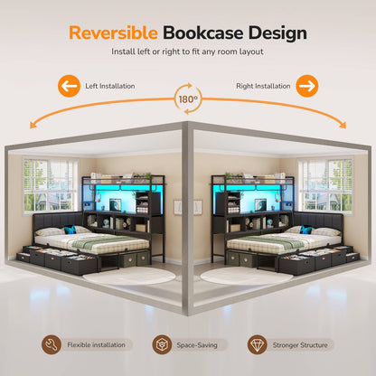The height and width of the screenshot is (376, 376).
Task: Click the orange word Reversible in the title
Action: (x=113, y=33)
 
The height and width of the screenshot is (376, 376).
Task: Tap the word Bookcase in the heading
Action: (x=203, y=33)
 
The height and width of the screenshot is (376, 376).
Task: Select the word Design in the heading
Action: (x=277, y=33)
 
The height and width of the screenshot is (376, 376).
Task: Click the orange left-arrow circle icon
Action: (x=69, y=86)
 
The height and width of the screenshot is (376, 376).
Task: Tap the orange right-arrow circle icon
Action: (x=307, y=86)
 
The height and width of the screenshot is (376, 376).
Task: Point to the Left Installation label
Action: (x=110, y=86)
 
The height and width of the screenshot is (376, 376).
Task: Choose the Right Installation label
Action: (x=263, y=86)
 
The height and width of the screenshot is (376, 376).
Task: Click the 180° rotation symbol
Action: (x=188, y=99)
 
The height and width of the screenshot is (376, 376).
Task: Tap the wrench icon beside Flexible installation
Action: (x=52, y=344)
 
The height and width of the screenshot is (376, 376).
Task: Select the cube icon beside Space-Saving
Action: (x=162, y=344)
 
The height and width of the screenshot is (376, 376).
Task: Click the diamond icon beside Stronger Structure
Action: (x=258, y=344)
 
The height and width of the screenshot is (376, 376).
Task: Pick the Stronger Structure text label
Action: (x=300, y=345)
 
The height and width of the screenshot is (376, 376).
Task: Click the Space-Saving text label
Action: (x=197, y=345)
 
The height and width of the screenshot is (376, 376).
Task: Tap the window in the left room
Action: (x=51, y=185)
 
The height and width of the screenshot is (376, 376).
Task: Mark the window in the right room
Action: (x=325, y=185)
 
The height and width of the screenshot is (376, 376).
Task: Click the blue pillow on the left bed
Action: (x=70, y=230)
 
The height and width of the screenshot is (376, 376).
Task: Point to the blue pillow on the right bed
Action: (x=306, y=230)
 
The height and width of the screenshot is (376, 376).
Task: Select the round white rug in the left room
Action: (x=129, y=276)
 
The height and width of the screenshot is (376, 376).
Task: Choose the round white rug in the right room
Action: (x=247, y=276)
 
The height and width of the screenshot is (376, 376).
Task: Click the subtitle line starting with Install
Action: (x=187, y=52)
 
